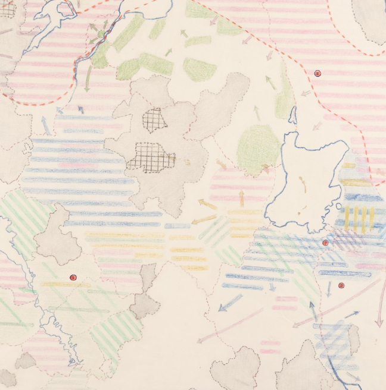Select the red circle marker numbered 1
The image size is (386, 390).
[x=74, y=277]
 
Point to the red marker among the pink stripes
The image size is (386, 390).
[x=317, y=73]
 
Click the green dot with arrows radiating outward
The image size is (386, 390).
[x=100, y=34]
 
